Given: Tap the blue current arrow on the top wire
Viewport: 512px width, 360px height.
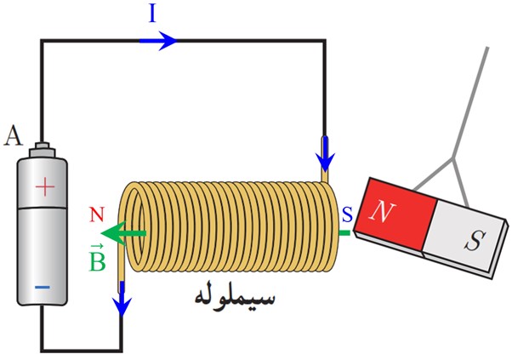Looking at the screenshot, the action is coord(158,41).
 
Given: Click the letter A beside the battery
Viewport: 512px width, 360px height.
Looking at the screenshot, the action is coord(14,135).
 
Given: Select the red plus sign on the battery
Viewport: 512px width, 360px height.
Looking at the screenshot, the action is coord(45,187).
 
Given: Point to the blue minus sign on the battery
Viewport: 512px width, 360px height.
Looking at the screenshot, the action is coord(43,288).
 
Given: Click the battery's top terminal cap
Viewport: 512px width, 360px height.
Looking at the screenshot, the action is coord(43,150).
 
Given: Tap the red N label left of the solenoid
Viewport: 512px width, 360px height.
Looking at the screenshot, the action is coord(97,214).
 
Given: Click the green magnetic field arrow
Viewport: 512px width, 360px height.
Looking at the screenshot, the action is coord(123,233).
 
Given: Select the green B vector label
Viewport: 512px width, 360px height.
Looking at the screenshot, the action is coord(97,258).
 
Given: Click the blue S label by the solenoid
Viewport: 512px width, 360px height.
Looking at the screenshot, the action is coord(347,214).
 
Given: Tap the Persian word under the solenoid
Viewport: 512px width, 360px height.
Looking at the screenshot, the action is coord(235,297).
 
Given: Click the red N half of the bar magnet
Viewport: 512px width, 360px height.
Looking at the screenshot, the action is coord(396,216).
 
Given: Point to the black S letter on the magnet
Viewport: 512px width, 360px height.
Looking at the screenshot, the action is coord(475,240).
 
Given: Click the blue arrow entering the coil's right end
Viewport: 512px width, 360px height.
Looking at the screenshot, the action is coord(325,154).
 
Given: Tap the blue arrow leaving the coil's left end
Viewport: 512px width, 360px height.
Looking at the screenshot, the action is coord(122,299).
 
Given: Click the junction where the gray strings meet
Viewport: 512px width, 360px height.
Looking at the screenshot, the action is coord(453,159).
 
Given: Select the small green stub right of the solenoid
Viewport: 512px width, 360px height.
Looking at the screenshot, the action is coord(344,233).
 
